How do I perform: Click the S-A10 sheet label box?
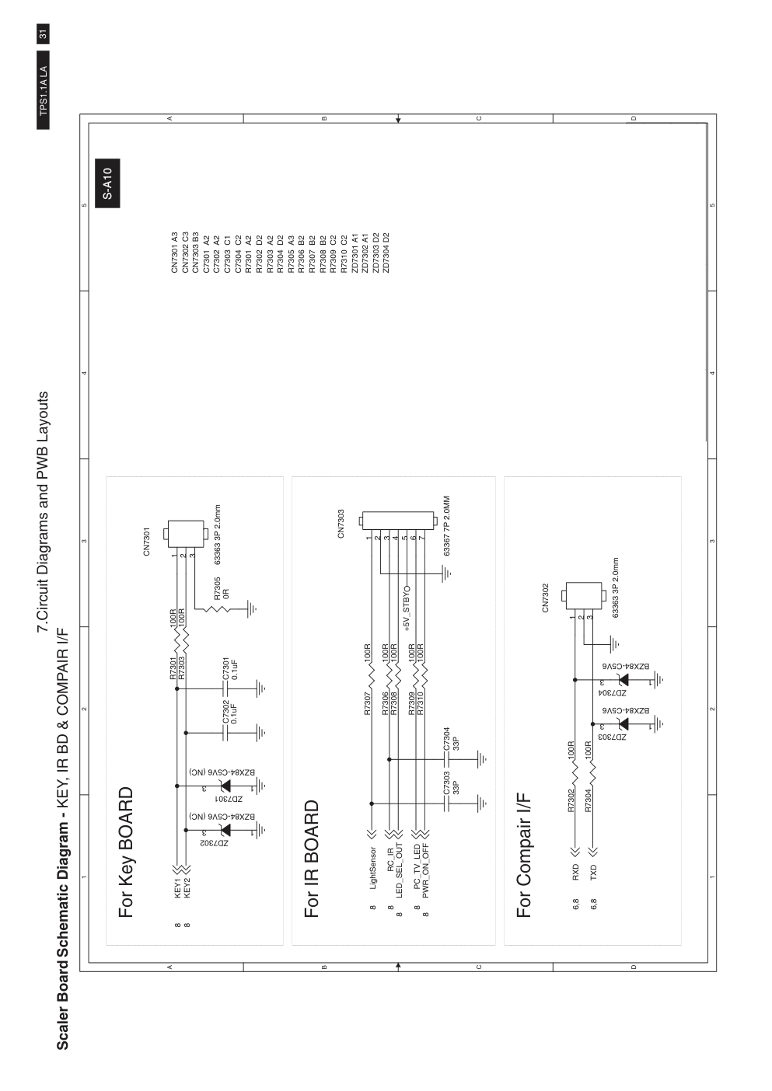[x=107, y=183]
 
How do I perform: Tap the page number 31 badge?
[x=43, y=34]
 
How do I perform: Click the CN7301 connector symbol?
[x=185, y=534]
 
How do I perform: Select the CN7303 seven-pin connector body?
[x=397, y=522]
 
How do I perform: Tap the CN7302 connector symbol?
[x=583, y=596]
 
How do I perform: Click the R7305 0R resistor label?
[x=221, y=588]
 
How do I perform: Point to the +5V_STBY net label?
[x=407, y=608]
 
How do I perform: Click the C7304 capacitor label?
[x=451, y=738]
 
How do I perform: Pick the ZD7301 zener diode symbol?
[x=225, y=786]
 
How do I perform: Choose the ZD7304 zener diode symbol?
[x=623, y=680]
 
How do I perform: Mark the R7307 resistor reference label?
[x=368, y=703]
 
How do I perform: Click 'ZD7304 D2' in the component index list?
[x=386, y=253]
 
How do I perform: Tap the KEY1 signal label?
[x=177, y=888]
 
